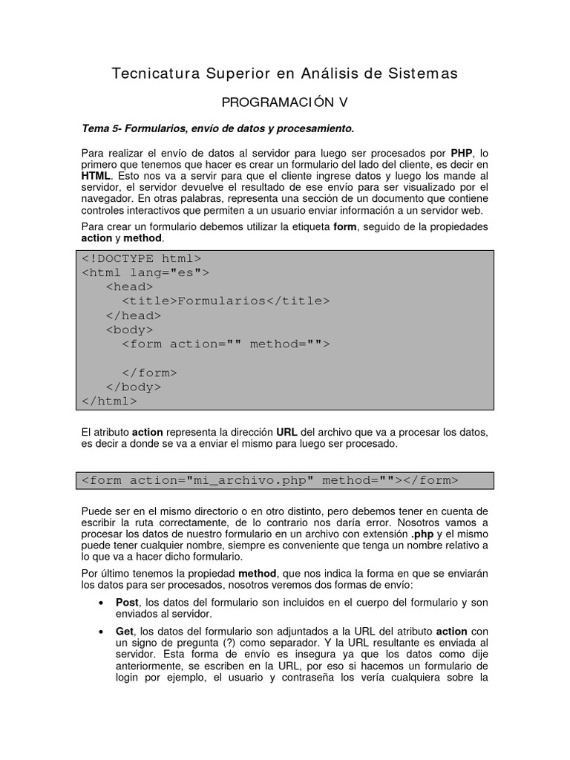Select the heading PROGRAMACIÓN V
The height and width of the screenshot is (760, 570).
click(x=284, y=102)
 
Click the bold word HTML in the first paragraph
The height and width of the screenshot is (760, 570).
click(x=96, y=176)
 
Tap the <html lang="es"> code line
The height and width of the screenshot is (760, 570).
click(x=145, y=272)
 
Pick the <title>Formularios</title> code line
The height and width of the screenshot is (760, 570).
click(x=225, y=301)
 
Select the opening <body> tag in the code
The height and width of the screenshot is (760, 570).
click(x=129, y=330)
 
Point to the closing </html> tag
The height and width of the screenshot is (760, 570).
click(x=109, y=401)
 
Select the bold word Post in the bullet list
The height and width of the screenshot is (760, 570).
click(x=128, y=603)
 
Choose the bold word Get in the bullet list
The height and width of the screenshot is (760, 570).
click(x=125, y=631)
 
